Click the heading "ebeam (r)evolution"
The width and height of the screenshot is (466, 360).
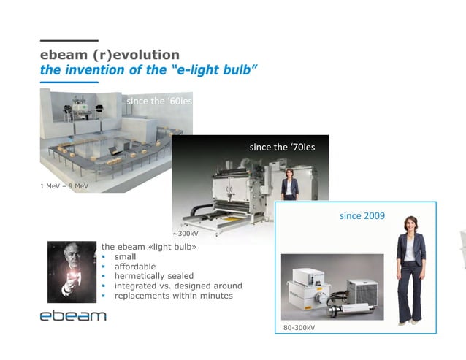click(x=110, y=55)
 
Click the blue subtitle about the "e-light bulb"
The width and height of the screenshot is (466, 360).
click(x=148, y=70)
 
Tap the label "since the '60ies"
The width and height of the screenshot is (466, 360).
click(x=159, y=101)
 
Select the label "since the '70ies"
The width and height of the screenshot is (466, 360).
click(x=282, y=147)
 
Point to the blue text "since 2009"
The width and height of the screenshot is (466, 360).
click(x=362, y=216)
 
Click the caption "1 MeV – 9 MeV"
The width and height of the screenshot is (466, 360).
click(x=64, y=185)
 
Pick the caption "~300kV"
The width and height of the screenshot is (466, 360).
click(x=186, y=234)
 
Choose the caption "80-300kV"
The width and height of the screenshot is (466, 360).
click(x=299, y=329)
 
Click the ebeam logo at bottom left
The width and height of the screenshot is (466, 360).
click(x=73, y=315)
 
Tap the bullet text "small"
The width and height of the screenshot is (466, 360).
click(x=125, y=257)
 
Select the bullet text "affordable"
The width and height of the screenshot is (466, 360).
click(x=135, y=267)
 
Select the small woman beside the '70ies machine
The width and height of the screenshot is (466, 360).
click(x=290, y=184)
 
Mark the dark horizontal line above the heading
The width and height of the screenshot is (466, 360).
click(x=69, y=40)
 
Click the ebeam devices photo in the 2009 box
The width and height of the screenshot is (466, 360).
click(x=332, y=287)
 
